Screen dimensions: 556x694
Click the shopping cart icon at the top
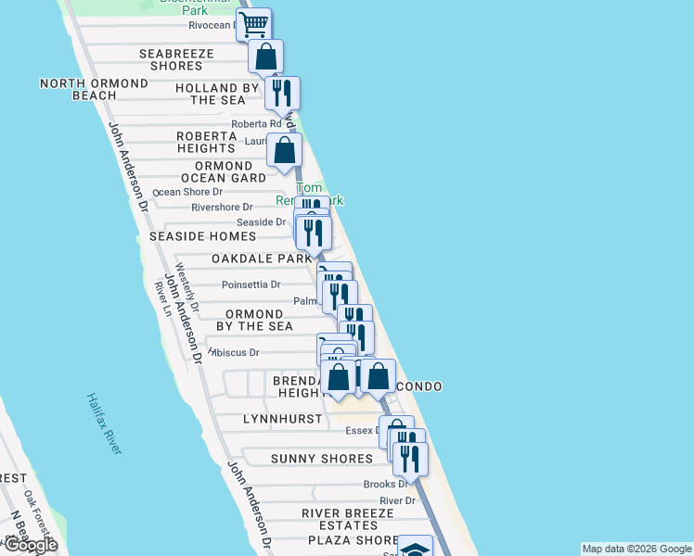[x=253, y=23]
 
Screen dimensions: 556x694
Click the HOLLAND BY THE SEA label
[x=218, y=95]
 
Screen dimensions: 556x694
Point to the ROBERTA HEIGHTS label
[x=206, y=142]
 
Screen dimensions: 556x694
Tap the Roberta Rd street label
[x=256, y=123]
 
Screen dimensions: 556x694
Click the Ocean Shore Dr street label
[x=186, y=192]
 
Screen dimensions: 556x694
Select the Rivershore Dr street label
[x=222, y=208]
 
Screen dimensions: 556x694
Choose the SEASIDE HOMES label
[x=202, y=237]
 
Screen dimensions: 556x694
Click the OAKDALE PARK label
[x=261, y=259]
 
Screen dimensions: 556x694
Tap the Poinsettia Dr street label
[x=251, y=284]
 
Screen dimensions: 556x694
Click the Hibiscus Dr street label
[x=235, y=352]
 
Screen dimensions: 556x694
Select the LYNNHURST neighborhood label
[x=268, y=419]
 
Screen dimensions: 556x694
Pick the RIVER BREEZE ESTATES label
[x=341, y=519]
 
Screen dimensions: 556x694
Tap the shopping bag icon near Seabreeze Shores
[x=265, y=57]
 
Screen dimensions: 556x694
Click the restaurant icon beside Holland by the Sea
[x=282, y=93]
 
